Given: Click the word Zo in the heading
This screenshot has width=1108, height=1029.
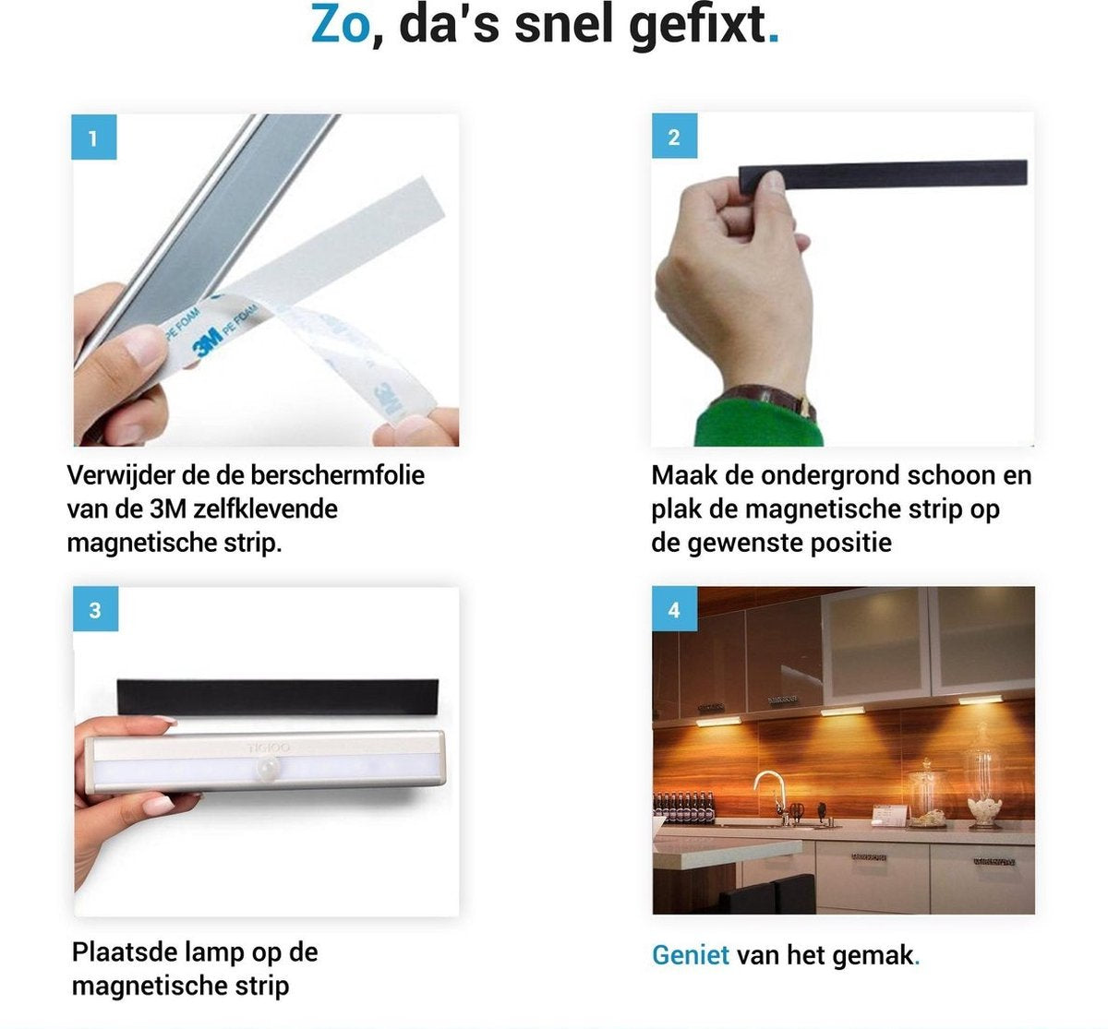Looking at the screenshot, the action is tap(340, 25).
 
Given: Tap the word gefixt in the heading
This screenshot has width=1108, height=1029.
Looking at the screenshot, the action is tap(697, 27).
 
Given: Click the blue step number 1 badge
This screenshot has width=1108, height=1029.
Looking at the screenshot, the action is tap(94, 138).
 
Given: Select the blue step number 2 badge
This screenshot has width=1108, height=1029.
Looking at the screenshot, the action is tap(675, 136).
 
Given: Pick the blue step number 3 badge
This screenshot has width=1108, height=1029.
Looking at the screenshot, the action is tap(95, 609).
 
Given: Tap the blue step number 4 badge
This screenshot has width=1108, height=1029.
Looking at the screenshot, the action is tap(675, 609).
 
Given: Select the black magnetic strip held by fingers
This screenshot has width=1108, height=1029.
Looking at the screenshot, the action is tap(883, 173).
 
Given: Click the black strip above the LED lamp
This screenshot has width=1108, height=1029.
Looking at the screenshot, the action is tap(278, 698).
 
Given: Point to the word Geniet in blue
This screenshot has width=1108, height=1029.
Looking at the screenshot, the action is tap(691, 955).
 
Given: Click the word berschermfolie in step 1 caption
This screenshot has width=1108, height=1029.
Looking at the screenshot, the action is tap(337, 475).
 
